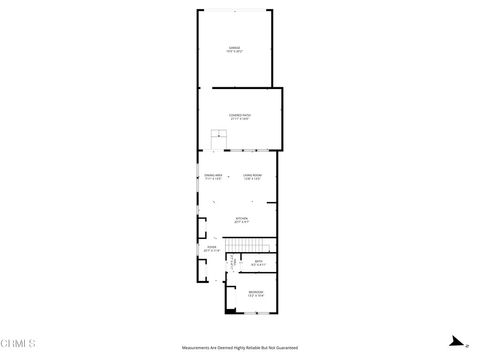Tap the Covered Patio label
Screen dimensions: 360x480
click(x=240, y=117)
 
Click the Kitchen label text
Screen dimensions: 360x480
click(x=241, y=219)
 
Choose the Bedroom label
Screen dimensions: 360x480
click(x=256, y=294)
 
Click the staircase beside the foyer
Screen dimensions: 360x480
click(x=247, y=246)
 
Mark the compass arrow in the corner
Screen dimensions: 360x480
click(x=454, y=340)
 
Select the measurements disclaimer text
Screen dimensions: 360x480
click(x=240, y=347)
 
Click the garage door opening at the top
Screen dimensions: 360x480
click(x=236, y=10)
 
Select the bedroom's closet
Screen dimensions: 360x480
click(x=232, y=265)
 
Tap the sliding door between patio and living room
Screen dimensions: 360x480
click(x=240, y=151)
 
